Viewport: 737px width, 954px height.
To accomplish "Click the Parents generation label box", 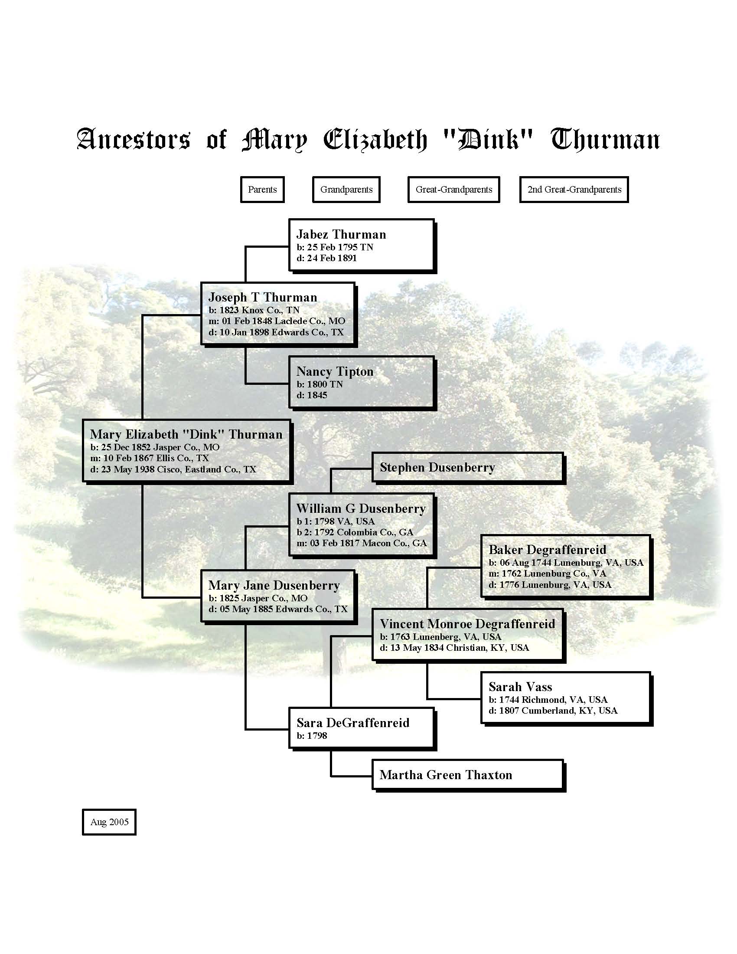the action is pyautogui.click(x=262, y=190).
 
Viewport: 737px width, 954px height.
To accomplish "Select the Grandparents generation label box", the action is pyautogui.click(x=346, y=190).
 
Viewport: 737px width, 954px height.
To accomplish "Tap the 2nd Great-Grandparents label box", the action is pyautogui.click(x=574, y=190).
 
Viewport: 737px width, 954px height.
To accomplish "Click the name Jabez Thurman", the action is pyautogui.click(x=342, y=235).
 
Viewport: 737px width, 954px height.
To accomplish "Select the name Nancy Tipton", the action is pyautogui.click(x=335, y=372).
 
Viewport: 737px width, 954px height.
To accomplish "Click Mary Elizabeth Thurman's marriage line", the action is pyautogui.click(x=150, y=458).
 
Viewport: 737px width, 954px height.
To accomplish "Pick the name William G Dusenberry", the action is pyautogui.click(x=361, y=509).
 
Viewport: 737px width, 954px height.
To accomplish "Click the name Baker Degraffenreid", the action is pyautogui.click(x=548, y=550).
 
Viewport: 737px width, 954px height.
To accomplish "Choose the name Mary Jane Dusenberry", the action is pyautogui.click(x=274, y=586).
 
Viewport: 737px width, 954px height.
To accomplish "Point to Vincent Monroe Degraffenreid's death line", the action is pyautogui.click(x=454, y=648).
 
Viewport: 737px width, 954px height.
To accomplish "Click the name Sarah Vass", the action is pyautogui.click(x=520, y=687).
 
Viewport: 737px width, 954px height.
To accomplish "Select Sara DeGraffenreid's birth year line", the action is pyautogui.click(x=312, y=736).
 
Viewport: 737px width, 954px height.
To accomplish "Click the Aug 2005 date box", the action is pyautogui.click(x=109, y=822).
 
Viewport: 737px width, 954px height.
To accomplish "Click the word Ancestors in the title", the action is pyautogui.click(x=134, y=140).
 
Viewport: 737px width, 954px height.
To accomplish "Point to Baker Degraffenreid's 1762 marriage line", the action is pyautogui.click(x=548, y=574).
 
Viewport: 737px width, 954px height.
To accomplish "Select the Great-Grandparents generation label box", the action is pyautogui.click(x=453, y=190).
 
